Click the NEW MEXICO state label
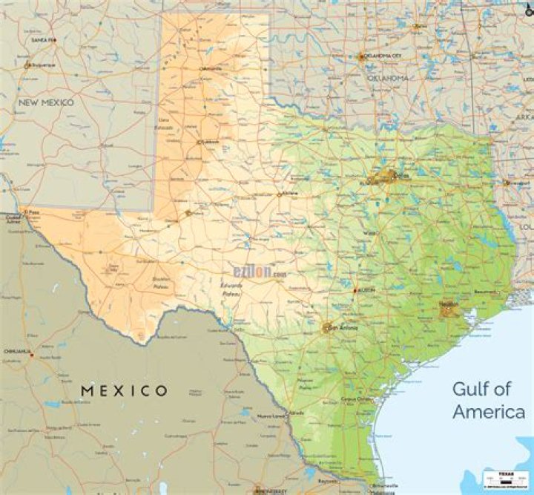pyautogui.click(x=46, y=102)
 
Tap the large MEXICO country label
pyautogui.click(x=125, y=390)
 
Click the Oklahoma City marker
pyautogui.click(x=362, y=56)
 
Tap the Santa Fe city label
pyautogui.click(x=44, y=39)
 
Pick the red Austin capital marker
pyautogui.click(x=356, y=290)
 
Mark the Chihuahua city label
pyautogui.click(x=16, y=351)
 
